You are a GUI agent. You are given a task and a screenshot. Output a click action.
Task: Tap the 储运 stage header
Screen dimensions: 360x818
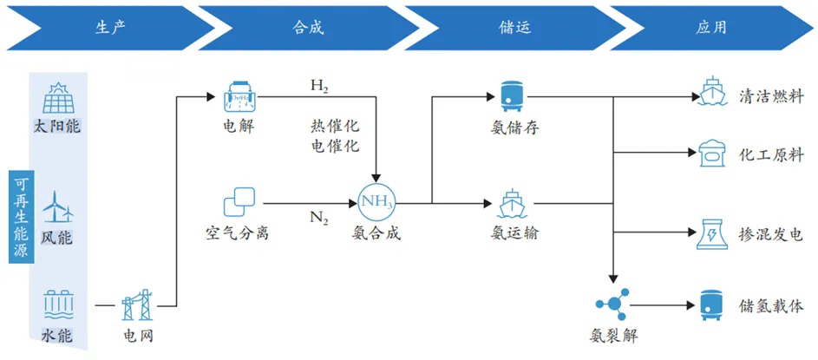(x=513, y=27)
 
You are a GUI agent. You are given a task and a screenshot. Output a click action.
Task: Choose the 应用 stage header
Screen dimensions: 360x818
(x=710, y=27)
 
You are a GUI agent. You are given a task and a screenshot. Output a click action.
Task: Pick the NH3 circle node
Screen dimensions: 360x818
(x=376, y=204)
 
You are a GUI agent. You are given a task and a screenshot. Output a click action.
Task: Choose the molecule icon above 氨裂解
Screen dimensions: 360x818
(x=613, y=304)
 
